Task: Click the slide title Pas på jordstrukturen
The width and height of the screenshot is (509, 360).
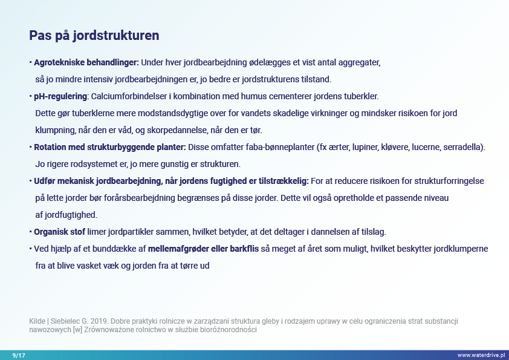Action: (94, 36)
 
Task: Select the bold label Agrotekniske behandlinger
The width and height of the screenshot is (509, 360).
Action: (86, 62)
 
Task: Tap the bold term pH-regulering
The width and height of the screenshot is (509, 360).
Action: (60, 96)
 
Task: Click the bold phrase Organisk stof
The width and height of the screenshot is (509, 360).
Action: (59, 232)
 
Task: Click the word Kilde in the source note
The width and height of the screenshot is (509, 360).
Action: (37, 321)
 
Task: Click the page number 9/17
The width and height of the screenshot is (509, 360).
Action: (19, 355)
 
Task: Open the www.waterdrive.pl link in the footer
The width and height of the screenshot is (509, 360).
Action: (481, 355)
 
